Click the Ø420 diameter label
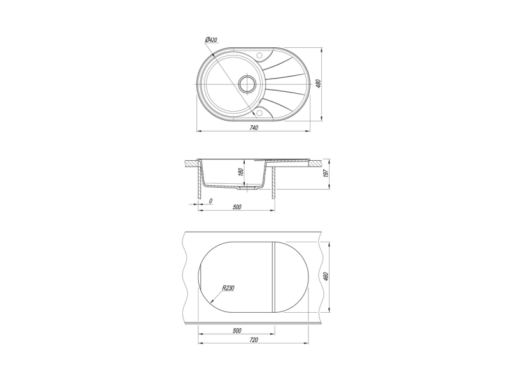tap(211, 40)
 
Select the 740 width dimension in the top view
tap(254, 128)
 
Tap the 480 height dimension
tap(319, 84)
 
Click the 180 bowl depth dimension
tap(241, 172)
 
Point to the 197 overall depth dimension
tap(326, 173)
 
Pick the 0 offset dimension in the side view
tap(210, 201)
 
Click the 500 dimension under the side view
tap(237, 207)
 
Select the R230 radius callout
tap(228, 288)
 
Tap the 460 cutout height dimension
tap(326, 276)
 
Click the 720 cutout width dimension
tap(254, 340)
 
